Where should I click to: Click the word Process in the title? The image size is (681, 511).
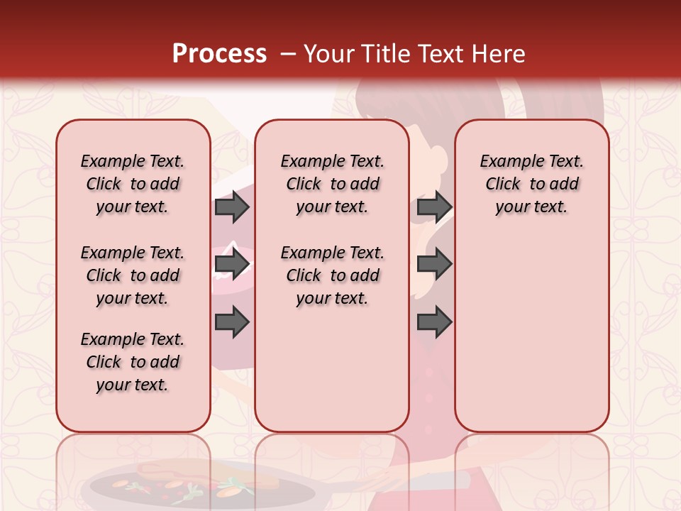[219, 54]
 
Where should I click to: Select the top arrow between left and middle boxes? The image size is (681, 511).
[231, 207]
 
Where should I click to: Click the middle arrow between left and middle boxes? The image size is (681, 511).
[231, 264]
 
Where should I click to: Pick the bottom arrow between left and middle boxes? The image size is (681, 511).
[231, 322]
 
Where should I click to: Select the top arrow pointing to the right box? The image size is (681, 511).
[434, 207]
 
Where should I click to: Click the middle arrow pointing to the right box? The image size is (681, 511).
[434, 264]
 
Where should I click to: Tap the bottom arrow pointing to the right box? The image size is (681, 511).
[434, 322]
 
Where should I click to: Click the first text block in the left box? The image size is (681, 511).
[133, 184]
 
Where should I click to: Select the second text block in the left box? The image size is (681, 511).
[133, 275]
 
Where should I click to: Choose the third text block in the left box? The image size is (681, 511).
[133, 362]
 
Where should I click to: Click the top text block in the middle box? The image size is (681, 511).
[332, 184]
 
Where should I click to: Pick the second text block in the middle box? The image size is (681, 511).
[332, 275]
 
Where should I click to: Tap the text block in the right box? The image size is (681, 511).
[531, 184]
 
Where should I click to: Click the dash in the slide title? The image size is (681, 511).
[288, 54]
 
